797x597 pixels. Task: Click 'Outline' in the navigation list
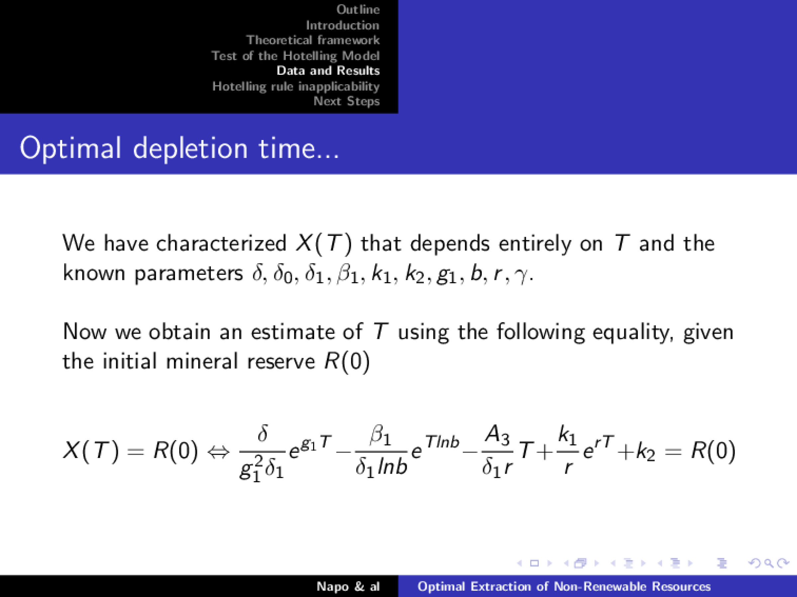[358, 9]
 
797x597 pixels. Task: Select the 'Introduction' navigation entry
[343, 25]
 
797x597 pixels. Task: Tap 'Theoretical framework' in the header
[313, 40]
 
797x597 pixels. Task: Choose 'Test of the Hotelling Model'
[295, 56]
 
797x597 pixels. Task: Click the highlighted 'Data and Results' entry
[328, 71]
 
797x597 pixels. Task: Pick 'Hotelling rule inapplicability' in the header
[296, 86]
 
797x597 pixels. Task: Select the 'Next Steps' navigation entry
[346, 101]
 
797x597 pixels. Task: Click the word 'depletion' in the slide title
[191, 148]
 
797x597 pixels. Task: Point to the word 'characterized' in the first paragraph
[221, 243]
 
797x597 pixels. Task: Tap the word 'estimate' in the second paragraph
[293, 331]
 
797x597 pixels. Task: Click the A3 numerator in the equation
[497, 436]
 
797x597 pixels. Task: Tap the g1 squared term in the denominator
[249, 470]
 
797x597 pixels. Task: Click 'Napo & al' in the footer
[348, 587]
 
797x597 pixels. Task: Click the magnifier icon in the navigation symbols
[768, 563]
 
